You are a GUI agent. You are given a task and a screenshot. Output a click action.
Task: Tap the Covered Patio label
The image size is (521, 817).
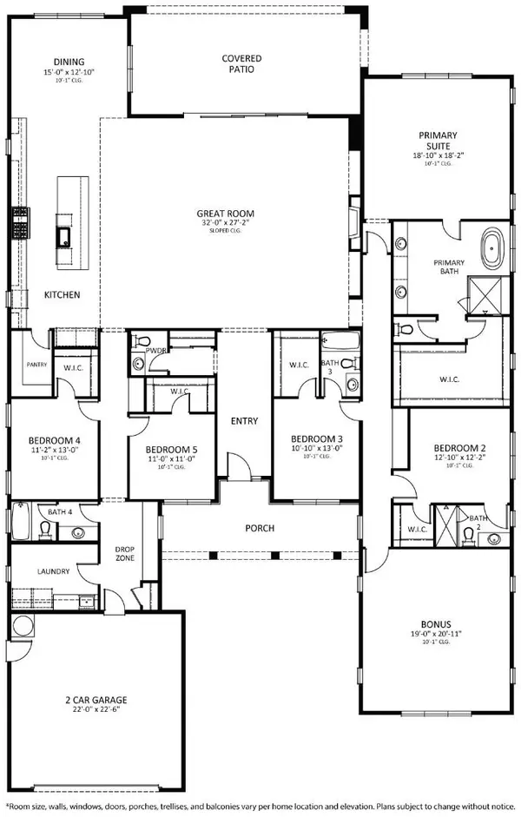click(x=242, y=63)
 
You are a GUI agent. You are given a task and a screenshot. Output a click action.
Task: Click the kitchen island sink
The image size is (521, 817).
click(x=63, y=234)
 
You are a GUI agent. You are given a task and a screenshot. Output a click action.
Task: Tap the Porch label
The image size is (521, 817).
click(x=261, y=528)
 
